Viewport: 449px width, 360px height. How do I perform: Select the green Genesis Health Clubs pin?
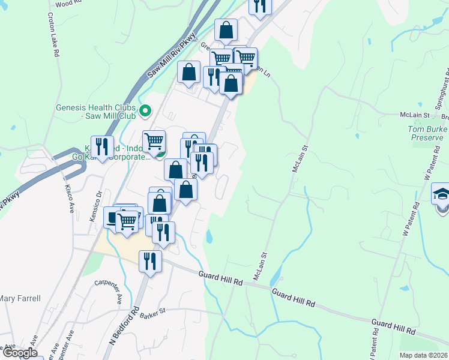(x=145, y=111)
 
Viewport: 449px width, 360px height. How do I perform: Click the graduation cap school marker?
(x=442, y=196)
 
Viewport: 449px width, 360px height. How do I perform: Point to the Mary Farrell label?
(x=20, y=298)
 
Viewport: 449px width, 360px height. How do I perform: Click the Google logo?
(x=20, y=353)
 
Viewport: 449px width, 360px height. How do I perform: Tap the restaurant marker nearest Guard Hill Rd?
(x=150, y=261)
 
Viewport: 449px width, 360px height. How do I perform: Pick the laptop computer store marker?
(x=114, y=217)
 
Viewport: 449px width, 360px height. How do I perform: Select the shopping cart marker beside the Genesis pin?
(x=154, y=141)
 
